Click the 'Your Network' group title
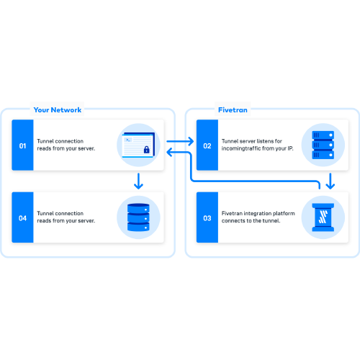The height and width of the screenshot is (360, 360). tap(58, 110)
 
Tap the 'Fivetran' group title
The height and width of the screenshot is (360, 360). tap(233, 110)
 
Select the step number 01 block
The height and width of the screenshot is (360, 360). tap(22, 145)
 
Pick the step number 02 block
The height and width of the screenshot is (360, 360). tap(207, 145)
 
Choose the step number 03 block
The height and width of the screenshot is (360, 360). tap(207, 217)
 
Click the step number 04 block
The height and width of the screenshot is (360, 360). tap(22, 217)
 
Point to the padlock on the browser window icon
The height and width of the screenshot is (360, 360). tap(146, 150)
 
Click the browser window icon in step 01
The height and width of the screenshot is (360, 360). tap(138, 145)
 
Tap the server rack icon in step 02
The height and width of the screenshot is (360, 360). tap(323, 145)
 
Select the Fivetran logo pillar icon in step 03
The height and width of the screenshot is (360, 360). tap(323, 217)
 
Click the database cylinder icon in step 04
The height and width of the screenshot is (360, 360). tap(138, 217)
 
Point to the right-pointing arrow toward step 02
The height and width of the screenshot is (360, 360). tap(180, 141)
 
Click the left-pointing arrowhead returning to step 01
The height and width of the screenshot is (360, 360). tap(169, 153)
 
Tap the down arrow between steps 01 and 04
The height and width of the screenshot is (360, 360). tap(138, 181)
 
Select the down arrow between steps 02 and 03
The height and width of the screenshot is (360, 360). tap(330, 181)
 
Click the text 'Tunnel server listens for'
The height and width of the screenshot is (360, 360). tap(252, 141)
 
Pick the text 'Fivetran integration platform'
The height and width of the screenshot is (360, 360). tap(258, 213)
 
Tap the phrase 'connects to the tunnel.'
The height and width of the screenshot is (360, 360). tap(251, 220)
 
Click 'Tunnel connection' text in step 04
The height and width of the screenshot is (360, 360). tap(60, 213)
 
